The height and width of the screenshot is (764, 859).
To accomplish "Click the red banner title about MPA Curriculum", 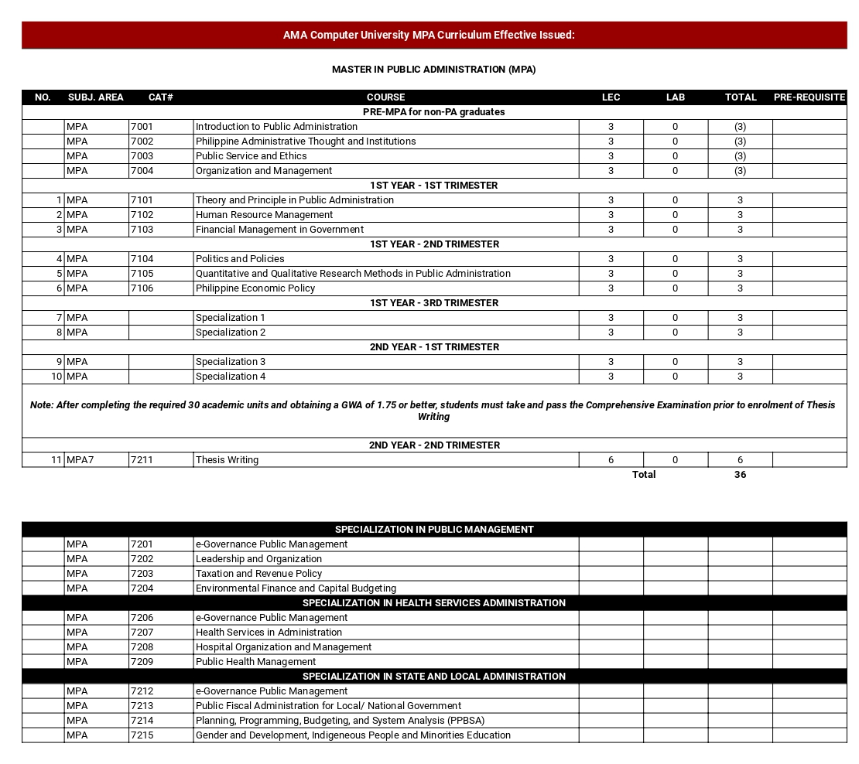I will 429,36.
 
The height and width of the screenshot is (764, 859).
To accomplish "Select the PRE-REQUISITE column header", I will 809,97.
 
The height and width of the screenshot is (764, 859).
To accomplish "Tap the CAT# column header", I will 160,97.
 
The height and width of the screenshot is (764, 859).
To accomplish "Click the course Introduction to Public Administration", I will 276,127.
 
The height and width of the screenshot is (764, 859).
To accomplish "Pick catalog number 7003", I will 142,156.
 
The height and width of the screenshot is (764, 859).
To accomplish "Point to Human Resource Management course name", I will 264,215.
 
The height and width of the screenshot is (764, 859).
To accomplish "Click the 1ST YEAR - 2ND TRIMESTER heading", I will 434,244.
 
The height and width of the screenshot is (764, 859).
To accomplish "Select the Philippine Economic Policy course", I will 255,288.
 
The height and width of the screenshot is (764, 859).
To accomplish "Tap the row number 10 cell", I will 56,377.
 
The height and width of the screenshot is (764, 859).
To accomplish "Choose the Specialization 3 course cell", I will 231,362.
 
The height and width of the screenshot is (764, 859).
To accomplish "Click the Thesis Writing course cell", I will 227,460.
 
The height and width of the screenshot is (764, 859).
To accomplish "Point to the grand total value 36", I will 740,475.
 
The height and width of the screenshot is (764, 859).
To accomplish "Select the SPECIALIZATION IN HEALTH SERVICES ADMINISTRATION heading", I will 434,603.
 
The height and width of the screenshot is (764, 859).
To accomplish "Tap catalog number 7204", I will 142,588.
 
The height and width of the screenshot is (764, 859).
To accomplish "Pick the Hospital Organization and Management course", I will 283,647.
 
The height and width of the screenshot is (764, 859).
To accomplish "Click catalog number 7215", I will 142,735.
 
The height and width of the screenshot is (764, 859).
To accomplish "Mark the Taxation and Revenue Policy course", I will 258,574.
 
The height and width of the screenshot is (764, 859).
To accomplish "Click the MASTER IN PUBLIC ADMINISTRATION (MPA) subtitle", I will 433,70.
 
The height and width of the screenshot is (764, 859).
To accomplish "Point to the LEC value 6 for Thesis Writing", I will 611,460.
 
